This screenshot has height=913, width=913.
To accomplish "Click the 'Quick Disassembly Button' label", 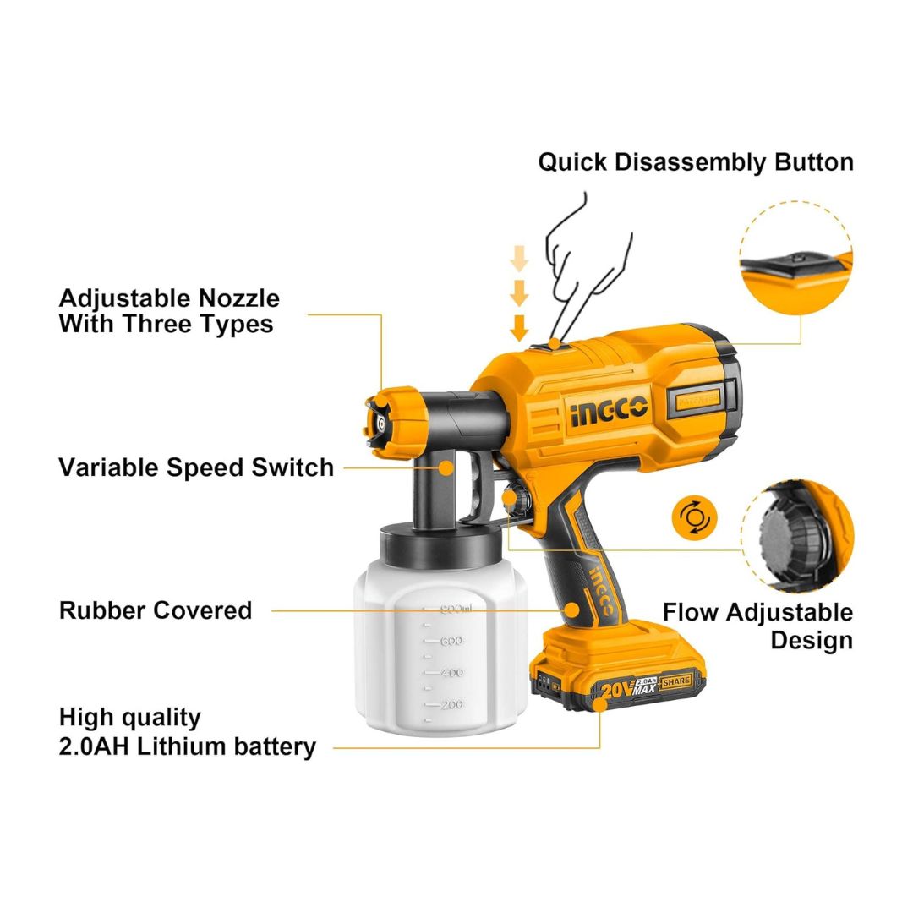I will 695,162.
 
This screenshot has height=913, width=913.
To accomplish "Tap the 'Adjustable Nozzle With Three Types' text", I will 169,311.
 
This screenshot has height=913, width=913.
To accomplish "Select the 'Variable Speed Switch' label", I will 196,467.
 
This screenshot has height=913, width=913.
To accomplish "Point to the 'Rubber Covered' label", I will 156,610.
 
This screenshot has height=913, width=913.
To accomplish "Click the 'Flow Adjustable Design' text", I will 757,626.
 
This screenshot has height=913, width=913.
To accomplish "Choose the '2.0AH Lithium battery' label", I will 188,746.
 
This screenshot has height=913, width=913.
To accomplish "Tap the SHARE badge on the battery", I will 676,681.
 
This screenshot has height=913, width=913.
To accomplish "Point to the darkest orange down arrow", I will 519,326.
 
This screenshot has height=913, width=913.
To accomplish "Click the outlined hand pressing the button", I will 588,254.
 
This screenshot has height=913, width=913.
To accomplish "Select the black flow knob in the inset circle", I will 782,533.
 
